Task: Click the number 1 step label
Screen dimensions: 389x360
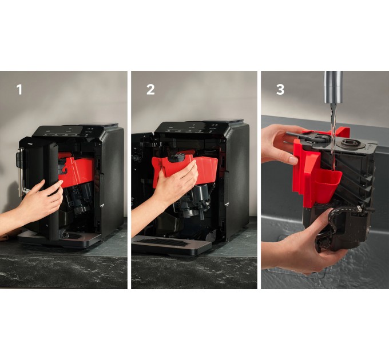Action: point(19,90)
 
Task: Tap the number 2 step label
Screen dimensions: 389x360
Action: point(150,90)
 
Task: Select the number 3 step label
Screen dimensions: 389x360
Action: point(280,90)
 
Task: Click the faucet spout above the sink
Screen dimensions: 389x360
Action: point(333,87)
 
